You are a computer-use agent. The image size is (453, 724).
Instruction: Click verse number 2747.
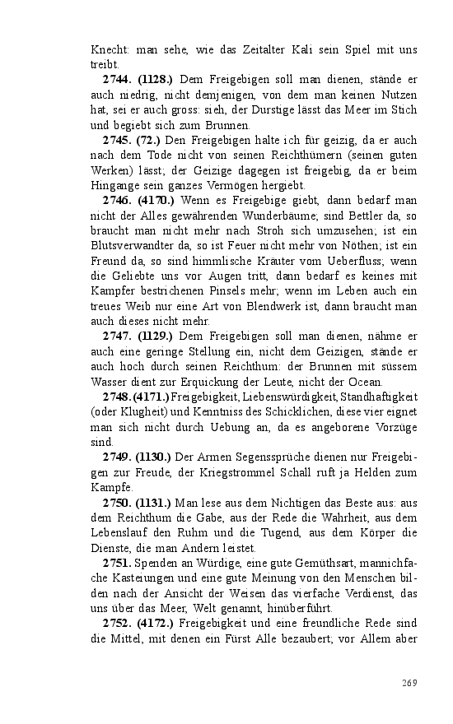point(117,336)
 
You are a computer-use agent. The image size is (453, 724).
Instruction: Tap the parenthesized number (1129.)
point(155,336)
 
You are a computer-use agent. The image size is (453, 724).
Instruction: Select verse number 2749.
point(117,455)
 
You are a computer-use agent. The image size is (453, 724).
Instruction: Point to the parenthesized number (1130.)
point(155,455)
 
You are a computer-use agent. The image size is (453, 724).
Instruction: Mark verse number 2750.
point(117,501)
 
